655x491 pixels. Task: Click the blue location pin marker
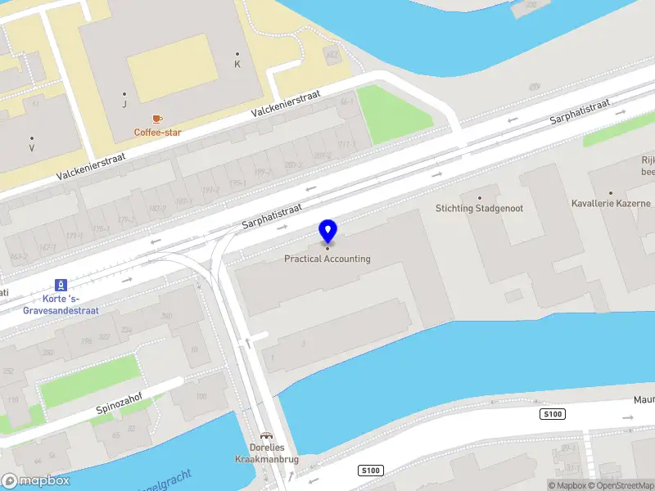click(x=327, y=232)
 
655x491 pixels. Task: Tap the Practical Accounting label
click(x=327, y=259)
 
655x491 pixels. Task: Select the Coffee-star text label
click(x=158, y=133)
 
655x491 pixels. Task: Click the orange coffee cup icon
click(x=158, y=119)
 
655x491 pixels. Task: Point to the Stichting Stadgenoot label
click(x=479, y=209)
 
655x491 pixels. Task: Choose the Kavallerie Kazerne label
click(x=611, y=203)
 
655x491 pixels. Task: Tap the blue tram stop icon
click(x=60, y=285)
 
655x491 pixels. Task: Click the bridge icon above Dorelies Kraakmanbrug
click(x=265, y=436)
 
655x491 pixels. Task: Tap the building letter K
click(x=237, y=64)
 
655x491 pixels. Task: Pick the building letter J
click(x=124, y=104)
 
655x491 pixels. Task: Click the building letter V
click(x=32, y=149)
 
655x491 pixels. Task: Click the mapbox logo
click(x=35, y=481)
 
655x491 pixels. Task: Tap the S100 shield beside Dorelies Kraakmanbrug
click(x=371, y=471)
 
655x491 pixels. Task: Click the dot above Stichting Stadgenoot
click(x=479, y=198)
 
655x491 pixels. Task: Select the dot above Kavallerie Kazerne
click(x=611, y=192)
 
